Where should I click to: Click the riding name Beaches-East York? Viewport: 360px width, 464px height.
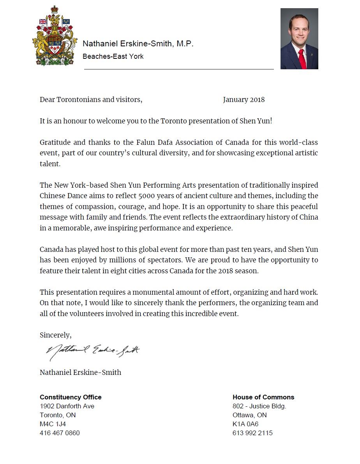coord(113,56)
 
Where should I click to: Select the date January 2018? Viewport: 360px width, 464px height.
coord(244,100)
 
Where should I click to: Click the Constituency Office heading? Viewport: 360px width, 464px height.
coord(71,397)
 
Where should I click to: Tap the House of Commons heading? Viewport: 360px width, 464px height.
coord(263,397)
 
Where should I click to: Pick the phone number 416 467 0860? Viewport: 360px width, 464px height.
coord(60,433)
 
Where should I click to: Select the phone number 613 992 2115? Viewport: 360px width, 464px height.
coord(252,433)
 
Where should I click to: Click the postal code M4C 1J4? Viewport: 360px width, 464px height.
coord(53,424)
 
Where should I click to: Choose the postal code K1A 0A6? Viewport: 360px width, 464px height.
coord(245,424)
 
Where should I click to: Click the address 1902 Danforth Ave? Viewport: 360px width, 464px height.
coord(67,406)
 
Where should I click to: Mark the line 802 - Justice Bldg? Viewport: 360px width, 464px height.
coord(259,406)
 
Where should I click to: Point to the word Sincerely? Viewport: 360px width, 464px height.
coord(55,335)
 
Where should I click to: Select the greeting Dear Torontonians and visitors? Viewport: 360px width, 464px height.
coord(91,100)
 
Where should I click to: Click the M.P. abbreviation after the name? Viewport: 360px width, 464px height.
coord(185,44)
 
